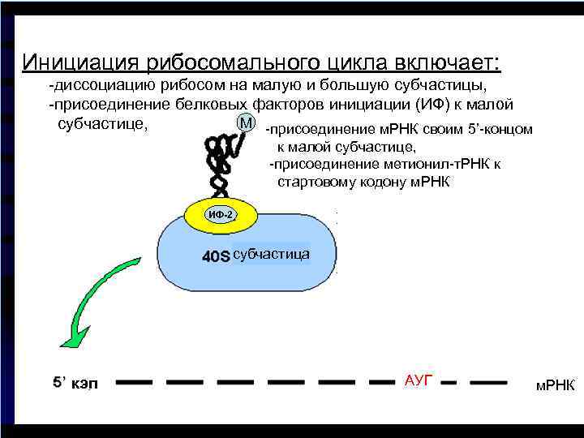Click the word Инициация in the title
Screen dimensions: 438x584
coord(74,62)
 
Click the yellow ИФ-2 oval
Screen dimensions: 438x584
coord(221,215)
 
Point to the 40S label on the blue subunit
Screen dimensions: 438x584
coord(216,256)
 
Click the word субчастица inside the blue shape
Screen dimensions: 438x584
coord(271,255)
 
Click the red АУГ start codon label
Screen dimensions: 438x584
coord(419,379)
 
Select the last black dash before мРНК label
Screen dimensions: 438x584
coord(489,380)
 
